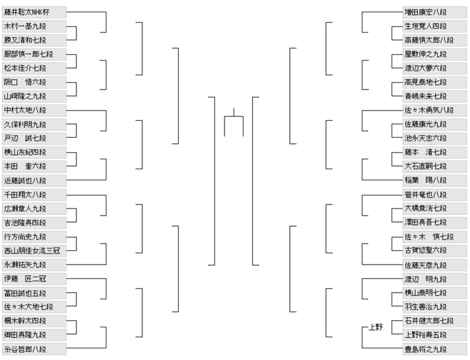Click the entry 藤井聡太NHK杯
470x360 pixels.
[x=34, y=12]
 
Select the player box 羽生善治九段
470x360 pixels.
[x=435, y=307]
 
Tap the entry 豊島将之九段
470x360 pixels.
[x=435, y=349]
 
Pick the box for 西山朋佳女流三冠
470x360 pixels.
[x=34, y=251]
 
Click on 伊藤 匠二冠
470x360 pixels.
[x=34, y=279]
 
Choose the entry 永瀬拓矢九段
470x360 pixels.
[x=34, y=265]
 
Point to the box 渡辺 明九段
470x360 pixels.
[x=435, y=279]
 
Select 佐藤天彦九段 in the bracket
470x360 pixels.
[x=435, y=265]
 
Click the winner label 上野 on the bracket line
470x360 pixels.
[x=375, y=327]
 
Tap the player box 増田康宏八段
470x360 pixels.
[x=435, y=12]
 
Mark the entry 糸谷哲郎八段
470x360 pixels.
[x=34, y=349]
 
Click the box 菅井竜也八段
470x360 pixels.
[x=435, y=195]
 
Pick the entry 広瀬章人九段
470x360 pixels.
[x=34, y=209]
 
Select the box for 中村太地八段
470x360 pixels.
[x=34, y=110]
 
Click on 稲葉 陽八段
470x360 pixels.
[x=435, y=180]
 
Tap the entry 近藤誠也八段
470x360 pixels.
[x=34, y=180]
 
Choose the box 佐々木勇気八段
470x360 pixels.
[x=435, y=110]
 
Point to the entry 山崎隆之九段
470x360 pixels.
[x=34, y=96]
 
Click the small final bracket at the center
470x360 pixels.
[x=234, y=116]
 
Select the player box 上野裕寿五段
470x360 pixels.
[x=435, y=335]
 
